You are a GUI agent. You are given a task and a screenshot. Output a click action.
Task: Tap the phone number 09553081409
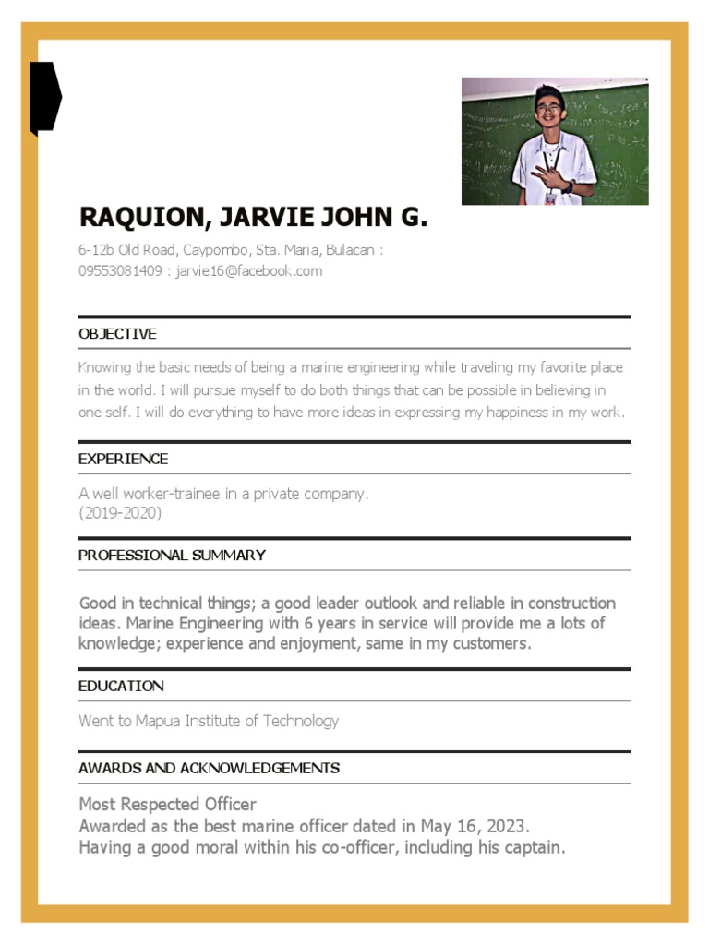pos(120,271)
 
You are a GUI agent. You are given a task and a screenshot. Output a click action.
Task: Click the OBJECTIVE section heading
pos(117,333)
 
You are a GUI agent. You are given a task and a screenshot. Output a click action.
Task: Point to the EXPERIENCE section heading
pos(123,459)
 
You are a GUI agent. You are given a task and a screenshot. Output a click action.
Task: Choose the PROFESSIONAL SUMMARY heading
pos(172,555)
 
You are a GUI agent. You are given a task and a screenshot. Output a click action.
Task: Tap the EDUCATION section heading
pos(121,686)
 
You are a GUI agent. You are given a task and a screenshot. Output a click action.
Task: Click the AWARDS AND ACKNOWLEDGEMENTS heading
pos(209,768)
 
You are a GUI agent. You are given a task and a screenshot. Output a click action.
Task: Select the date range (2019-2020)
pos(120,513)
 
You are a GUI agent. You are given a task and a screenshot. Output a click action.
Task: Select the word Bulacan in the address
pos(351,250)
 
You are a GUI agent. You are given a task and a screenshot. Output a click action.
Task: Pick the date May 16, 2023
pos(475,825)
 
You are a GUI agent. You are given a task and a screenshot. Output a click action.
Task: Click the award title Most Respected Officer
pos(167,804)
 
